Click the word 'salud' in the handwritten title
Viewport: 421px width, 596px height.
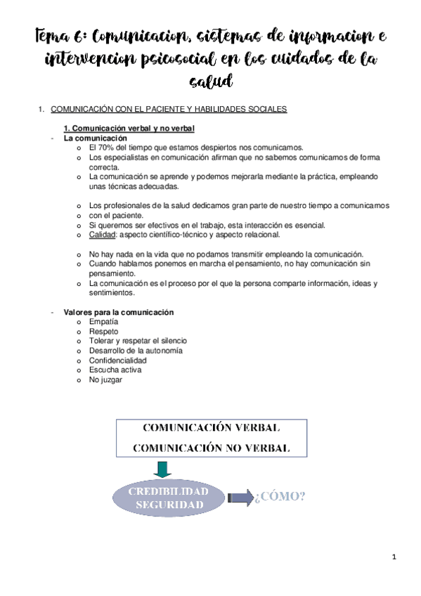(x=211, y=83)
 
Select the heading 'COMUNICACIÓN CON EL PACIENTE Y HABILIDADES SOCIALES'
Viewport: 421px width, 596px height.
(x=169, y=110)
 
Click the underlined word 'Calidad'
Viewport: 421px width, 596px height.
(x=102, y=235)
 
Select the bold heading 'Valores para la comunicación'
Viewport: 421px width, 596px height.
(x=119, y=311)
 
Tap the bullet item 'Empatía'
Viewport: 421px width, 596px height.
(x=103, y=321)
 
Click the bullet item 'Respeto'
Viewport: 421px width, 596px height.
(x=103, y=331)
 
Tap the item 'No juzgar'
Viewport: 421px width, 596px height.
(x=105, y=380)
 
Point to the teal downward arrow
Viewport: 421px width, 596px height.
(x=163, y=469)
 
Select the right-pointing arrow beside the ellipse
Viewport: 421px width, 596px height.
(x=239, y=498)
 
